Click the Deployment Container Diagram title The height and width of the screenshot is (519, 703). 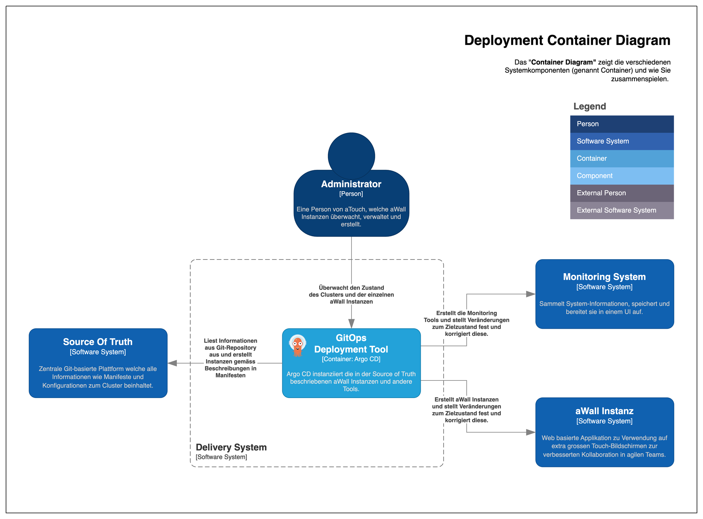567,40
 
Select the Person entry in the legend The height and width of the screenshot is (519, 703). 621,124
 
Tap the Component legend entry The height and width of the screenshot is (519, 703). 621,176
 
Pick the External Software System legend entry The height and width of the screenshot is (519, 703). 621,210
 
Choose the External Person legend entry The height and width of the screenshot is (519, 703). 621,193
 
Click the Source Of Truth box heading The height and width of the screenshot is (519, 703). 98,342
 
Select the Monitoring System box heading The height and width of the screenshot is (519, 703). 604,277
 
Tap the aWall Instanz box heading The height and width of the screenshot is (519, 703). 604,411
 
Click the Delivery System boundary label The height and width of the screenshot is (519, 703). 231,447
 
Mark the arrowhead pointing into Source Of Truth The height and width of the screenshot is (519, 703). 172,363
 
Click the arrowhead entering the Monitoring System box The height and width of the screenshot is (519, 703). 530,294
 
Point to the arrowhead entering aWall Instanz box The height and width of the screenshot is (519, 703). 530,432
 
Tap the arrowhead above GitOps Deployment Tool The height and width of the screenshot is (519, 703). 351,323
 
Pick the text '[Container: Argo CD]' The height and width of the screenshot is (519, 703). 351,359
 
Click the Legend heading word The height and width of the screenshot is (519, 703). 589,106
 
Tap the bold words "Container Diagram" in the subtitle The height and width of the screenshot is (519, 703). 563,62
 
